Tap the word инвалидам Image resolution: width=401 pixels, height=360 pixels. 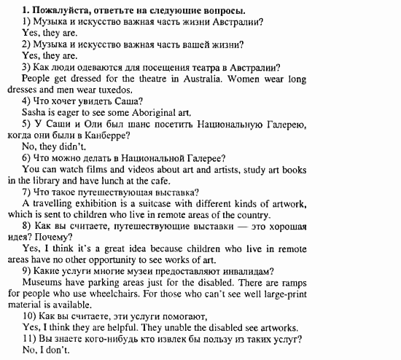238,271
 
